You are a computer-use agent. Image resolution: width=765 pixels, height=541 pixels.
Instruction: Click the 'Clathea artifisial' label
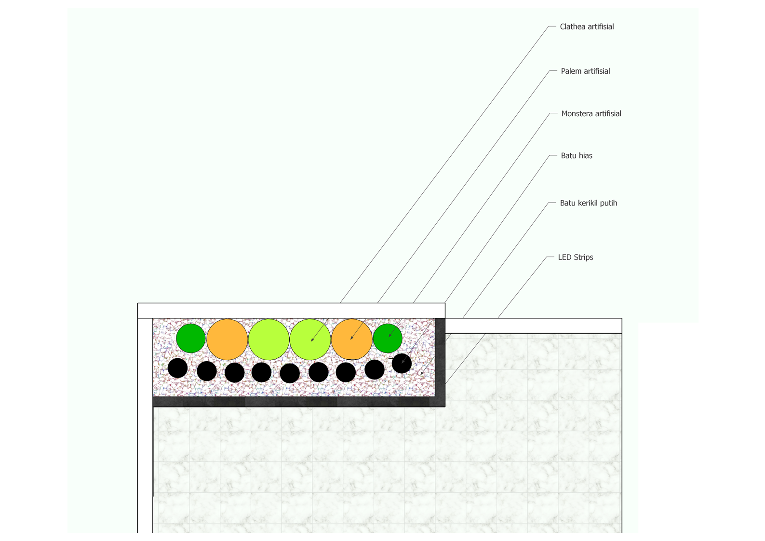click(x=587, y=27)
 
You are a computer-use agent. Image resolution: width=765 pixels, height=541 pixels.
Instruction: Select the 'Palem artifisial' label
click(x=585, y=71)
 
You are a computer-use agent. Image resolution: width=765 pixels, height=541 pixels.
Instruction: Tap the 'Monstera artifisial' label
click(x=591, y=113)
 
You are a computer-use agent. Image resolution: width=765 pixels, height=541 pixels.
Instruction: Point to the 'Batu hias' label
click(x=577, y=155)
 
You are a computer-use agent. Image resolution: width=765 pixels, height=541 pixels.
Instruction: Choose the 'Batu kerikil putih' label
click(x=589, y=203)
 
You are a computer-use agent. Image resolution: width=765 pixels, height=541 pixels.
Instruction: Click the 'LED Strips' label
click(x=576, y=257)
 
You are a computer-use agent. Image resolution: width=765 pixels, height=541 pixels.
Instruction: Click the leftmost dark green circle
click(x=191, y=338)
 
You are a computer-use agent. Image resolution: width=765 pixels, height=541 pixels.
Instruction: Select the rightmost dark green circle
click(x=388, y=338)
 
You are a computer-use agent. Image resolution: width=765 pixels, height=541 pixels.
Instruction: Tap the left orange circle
click(x=227, y=339)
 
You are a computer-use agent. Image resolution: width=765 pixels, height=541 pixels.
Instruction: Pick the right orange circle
click(x=352, y=339)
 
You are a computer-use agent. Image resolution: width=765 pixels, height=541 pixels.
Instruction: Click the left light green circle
click(x=269, y=339)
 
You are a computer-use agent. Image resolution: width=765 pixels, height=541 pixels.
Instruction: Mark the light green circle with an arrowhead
click(x=310, y=339)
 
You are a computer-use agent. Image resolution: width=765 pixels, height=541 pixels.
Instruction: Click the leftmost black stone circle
click(x=177, y=368)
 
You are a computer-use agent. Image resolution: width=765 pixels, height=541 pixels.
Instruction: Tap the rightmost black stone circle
click(x=402, y=364)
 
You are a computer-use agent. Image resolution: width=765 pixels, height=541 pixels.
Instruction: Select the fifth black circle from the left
click(x=290, y=373)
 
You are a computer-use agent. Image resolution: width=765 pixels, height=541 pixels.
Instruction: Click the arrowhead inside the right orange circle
click(x=352, y=338)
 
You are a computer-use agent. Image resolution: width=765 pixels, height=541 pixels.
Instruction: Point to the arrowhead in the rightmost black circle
click(x=403, y=361)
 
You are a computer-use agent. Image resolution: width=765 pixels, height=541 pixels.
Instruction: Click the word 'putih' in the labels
click(x=609, y=203)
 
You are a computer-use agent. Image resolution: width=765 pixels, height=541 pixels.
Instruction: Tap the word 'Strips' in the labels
click(x=584, y=257)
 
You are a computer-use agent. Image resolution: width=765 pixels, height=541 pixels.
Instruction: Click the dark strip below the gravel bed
click(x=299, y=402)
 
